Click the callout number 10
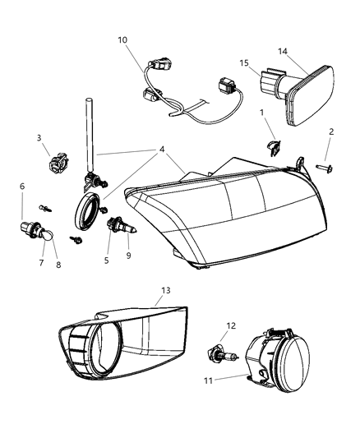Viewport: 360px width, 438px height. [122, 39]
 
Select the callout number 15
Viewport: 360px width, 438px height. [244, 62]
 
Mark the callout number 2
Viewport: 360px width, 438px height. [331, 131]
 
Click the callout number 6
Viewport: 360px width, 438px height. [22, 187]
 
